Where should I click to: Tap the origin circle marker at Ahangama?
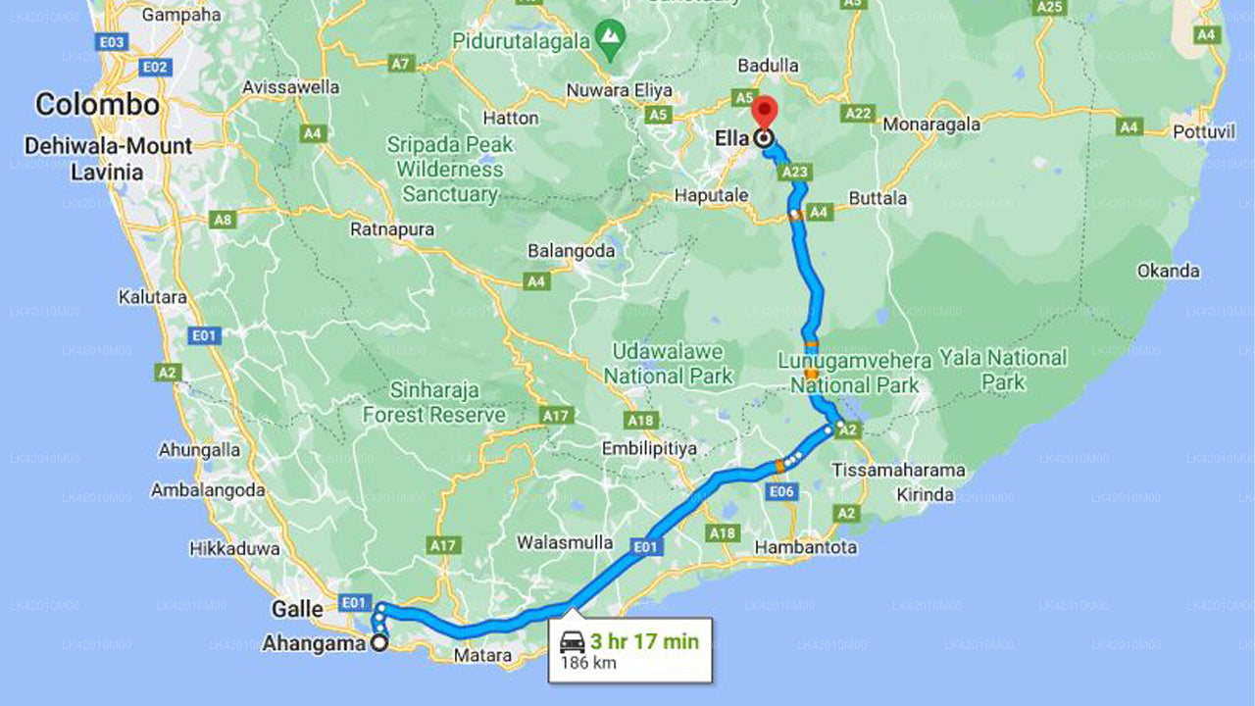coord(378,643)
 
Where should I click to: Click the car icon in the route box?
coord(572,643)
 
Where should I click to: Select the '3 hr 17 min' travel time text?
coord(644,641)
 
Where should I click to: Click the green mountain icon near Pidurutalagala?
coord(612,35)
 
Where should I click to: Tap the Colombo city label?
coord(97,104)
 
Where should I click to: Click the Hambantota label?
coord(805,547)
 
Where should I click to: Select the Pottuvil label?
coord(1203,131)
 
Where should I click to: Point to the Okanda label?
coord(1168,271)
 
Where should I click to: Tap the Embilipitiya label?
coord(648,448)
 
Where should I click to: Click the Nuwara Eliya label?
coord(620,91)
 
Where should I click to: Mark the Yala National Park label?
coord(1002,370)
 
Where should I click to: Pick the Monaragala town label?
coord(931,125)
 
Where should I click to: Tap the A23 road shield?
coord(795,173)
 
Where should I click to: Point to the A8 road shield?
coord(224,220)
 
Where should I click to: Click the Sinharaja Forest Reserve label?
coord(434,402)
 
